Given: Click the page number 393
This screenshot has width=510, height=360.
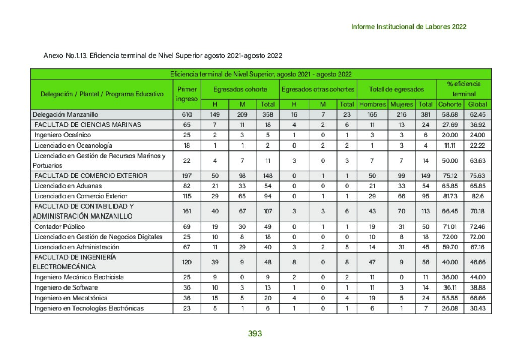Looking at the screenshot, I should coord(255,333).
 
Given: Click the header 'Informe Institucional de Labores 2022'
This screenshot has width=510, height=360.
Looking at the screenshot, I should coord(409,27).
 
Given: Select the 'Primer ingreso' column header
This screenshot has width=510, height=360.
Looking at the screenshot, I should coord(186,94).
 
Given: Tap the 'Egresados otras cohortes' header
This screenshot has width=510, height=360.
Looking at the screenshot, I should coord(317,89).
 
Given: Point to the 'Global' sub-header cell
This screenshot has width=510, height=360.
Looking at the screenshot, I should coord(477,104).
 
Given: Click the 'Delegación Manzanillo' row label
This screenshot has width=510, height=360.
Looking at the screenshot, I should coord(66,114).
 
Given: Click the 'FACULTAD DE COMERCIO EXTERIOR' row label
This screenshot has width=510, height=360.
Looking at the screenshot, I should coord(91,176).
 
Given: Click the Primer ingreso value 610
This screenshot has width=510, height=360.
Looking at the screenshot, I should coord(186,114).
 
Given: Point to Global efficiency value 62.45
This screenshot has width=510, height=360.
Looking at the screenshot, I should coord(477,114).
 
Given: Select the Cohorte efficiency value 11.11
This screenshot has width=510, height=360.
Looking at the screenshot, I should coord(449,146).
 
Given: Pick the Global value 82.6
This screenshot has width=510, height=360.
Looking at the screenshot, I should coord(477,196).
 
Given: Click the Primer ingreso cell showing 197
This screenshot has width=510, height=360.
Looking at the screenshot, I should coord(186,176).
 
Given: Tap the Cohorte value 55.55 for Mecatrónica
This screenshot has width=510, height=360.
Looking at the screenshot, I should coord(449,298).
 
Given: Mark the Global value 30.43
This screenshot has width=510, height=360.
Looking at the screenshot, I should coord(477,308).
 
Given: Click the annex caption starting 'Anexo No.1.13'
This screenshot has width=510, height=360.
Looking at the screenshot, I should coord(163,55).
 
